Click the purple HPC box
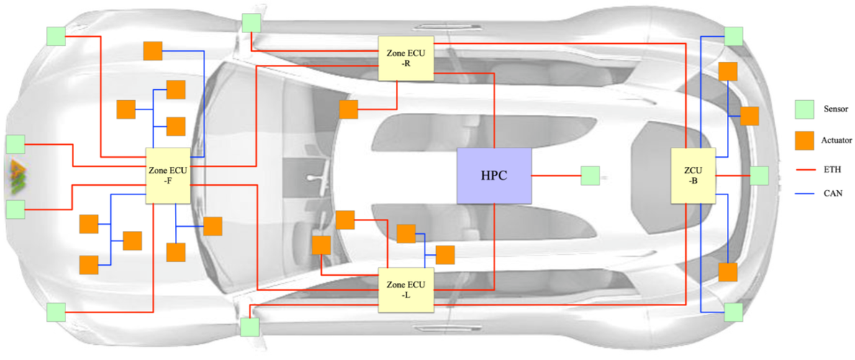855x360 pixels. tap(494, 176)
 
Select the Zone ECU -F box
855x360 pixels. tap(168, 176)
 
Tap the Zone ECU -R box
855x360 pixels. tap(405, 58)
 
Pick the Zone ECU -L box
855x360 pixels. tap(405, 290)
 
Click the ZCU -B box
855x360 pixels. tap(693, 176)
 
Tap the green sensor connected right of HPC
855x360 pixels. tap(590, 176)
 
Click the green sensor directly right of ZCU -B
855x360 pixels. tap(759, 176)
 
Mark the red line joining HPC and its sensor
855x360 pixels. tap(556, 176)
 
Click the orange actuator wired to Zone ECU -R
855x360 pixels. tap(348, 109)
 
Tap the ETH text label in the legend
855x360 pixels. tap(833, 170)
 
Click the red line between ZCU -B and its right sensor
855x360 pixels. tap(733, 176)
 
